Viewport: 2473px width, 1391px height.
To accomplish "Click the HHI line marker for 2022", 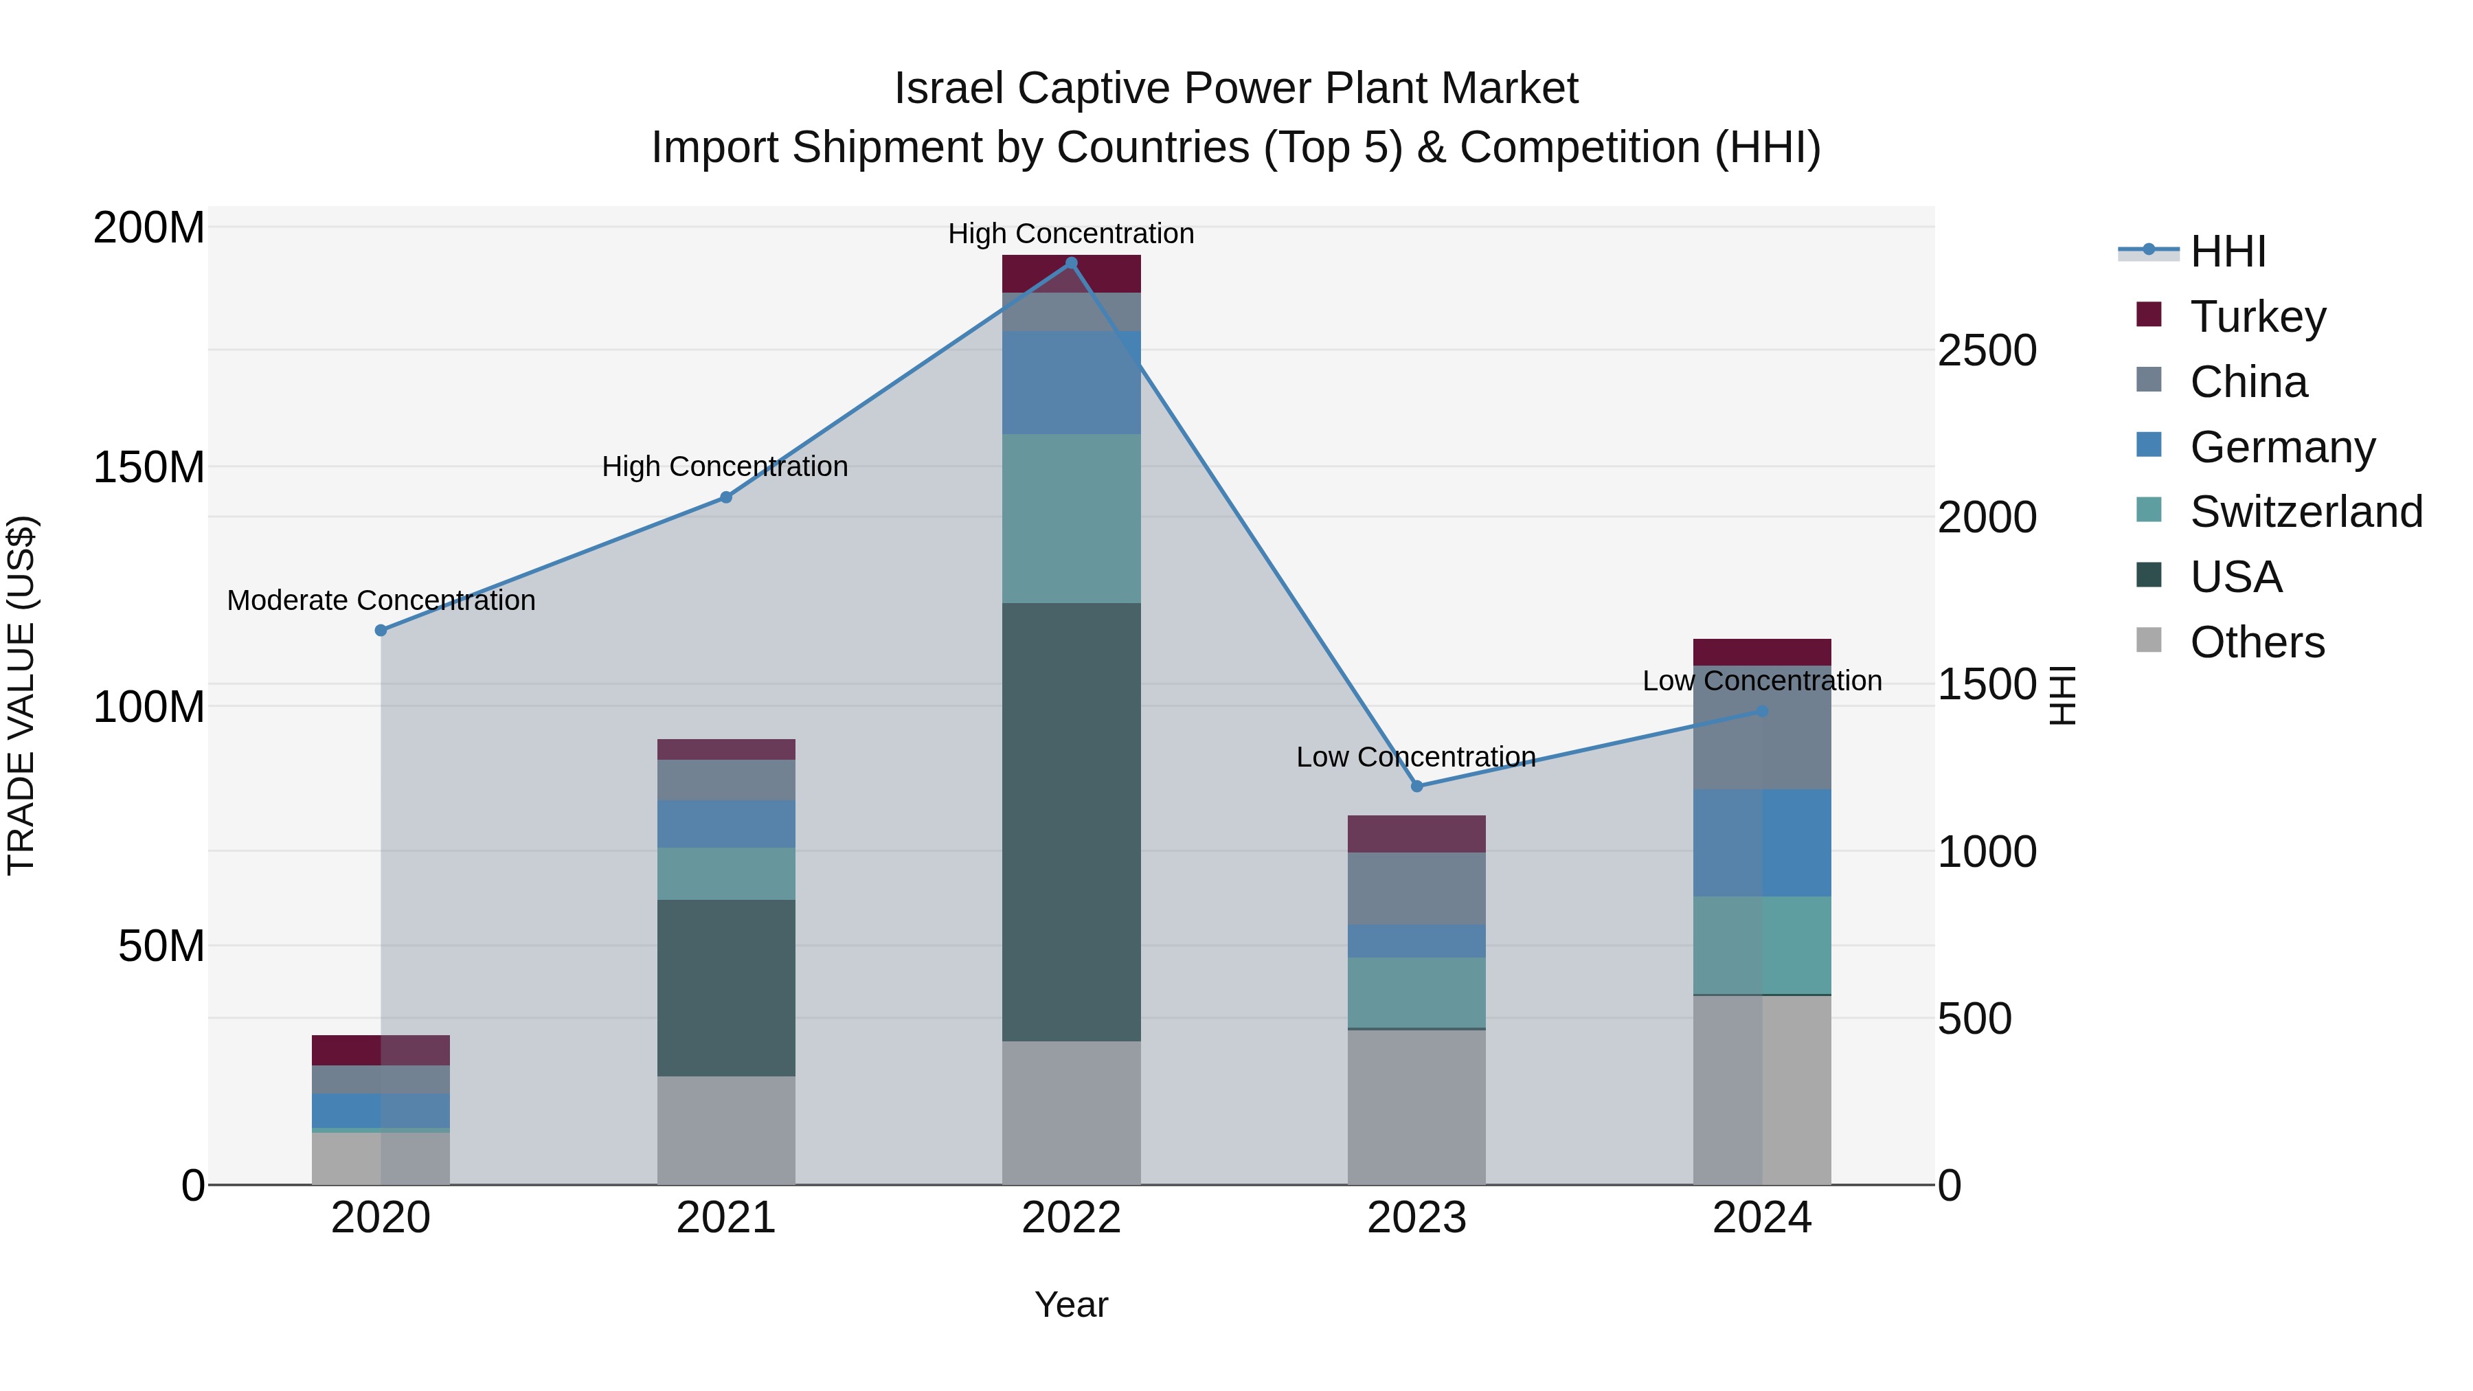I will [1072, 263].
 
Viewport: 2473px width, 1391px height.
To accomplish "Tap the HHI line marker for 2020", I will [381, 631].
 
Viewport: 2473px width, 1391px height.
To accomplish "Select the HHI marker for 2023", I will [1417, 787].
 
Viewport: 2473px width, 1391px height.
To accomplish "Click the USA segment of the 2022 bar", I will [1072, 822].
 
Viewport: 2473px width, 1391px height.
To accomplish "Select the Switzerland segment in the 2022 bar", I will [1072, 519].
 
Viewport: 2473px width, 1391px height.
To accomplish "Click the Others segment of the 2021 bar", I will [726, 1130].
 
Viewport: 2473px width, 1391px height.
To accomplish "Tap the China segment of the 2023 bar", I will [1417, 888].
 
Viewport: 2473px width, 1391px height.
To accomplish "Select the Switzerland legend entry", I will [2305, 512].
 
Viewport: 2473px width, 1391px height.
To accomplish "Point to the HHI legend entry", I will [2227, 251].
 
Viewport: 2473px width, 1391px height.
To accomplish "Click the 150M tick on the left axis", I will [149, 468].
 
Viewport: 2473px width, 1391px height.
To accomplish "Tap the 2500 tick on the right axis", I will [1986, 350].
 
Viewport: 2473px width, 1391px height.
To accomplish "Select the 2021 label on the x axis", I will [726, 1218].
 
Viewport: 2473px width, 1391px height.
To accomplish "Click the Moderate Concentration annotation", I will [381, 601].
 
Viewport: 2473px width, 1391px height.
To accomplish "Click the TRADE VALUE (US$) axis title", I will [21, 695].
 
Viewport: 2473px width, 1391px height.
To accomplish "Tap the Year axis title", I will [1072, 1304].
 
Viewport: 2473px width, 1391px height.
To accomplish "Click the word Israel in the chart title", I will [949, 89].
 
